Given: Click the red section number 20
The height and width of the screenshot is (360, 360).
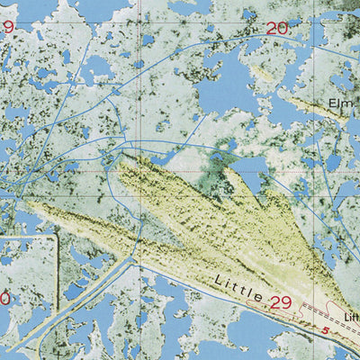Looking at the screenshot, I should (277, 29).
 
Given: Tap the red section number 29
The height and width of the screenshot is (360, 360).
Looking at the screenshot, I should (281, 302).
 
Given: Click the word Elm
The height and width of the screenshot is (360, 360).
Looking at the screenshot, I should (344, 103).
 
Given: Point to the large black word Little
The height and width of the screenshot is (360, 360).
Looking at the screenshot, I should (239, 289).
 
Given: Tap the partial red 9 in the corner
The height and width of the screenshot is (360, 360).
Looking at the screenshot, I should (7, 27).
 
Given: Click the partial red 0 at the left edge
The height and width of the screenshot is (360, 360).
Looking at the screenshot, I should (4, 298).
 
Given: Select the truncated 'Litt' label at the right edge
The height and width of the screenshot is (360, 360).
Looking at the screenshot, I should (352, 316).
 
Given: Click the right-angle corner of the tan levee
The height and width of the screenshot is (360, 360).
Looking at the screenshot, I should (57, 239).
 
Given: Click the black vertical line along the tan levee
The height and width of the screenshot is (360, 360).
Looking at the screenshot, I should (57, 270).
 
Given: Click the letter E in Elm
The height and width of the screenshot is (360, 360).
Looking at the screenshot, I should (335, 103).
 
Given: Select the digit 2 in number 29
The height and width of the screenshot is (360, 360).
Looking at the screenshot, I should (274, 302).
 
